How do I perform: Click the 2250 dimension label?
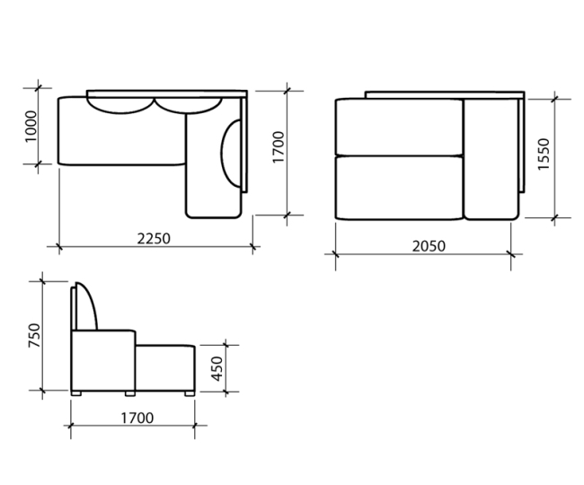[x=154, y=239]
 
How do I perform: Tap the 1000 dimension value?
[x=31, y=126]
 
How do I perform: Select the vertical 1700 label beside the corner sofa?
[x=279, y=147]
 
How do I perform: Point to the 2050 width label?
[x=429, y=246]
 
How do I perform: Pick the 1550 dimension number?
[x=544, y=154]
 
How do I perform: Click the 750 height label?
[x=34, y=336]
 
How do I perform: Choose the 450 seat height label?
[x=217, y=369]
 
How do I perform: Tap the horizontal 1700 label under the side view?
[x=137, y=419]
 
